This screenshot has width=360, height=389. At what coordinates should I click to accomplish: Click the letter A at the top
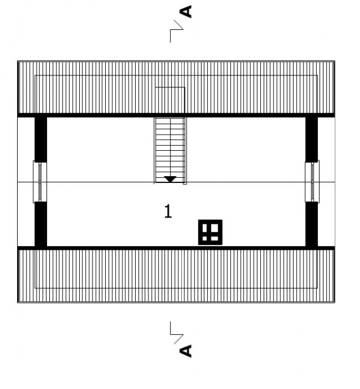(x=186, y=12)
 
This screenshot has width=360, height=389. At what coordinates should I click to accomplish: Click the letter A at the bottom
(x=186, y=351)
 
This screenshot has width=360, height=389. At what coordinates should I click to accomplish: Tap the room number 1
(x=168, y=211)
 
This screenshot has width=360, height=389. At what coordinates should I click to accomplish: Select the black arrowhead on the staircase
(x=170, y=179)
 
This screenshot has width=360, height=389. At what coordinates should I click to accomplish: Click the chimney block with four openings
(x=210, y=232)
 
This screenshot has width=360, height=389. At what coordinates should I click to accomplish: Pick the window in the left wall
(x=40, y=182)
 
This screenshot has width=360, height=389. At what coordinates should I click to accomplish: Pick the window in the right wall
(x=312, y=182)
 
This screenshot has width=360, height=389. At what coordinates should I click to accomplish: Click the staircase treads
(x=170, y=150)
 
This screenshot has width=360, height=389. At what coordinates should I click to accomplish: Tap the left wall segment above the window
(x=40, y=140)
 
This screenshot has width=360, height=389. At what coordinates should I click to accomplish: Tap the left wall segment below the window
(x=40, y=224)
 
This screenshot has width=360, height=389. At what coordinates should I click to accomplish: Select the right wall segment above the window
(x=311, y=140)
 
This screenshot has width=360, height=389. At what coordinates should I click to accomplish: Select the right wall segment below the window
(x=311, y=224)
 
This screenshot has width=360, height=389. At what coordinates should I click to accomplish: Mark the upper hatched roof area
(x=176, y=88)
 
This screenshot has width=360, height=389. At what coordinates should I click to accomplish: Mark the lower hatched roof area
(x=176, y=276)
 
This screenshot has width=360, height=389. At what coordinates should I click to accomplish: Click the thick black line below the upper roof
(x=176, y=115)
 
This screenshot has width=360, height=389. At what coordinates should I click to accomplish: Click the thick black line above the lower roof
(x=176, y=248)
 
